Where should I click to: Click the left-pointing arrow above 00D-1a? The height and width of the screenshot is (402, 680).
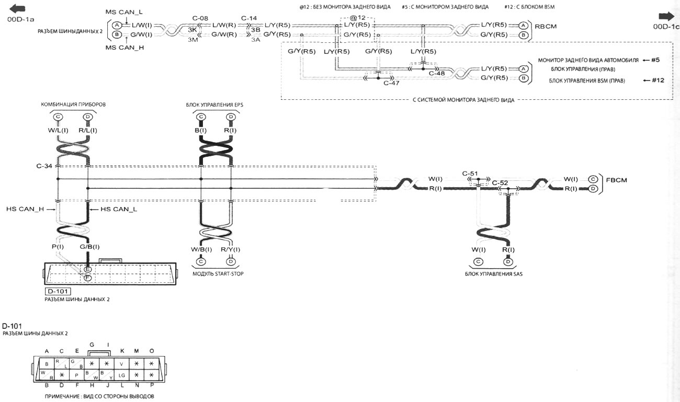pyautogui.click(x=17, y=9)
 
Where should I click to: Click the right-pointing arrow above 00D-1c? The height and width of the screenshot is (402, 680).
pyautogui.click(x=666, y=16)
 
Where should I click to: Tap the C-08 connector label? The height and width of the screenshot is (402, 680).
pyautogui.click(x=200, y=18)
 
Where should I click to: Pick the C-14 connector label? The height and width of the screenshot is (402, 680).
pyautogui.click(x=249, y=18)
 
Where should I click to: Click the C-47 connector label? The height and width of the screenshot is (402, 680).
pyautogui.click(x=391, y=83)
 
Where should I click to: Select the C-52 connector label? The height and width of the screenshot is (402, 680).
pyautogui.click(x=500, y=182)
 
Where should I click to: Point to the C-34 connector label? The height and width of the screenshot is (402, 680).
pyautogui.click(x=44, y=166)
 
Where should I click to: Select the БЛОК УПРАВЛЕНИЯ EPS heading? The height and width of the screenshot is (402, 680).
pyautogui.click(x=214, y=105)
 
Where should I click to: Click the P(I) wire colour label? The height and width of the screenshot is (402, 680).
pyautogui.click(x=58, y=247)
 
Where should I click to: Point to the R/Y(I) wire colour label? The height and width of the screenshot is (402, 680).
pyautogui.click(x=231, y=249)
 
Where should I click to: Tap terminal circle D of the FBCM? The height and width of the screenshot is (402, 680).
pyautogui.click(x=593, y=188)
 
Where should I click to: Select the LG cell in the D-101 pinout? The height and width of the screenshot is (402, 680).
pyautogui.click(x=121, y=375)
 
